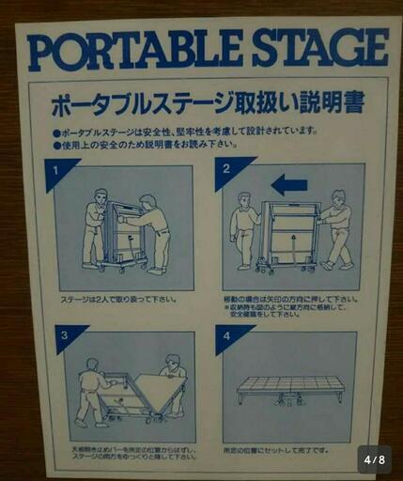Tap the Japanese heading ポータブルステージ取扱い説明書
point(208,100)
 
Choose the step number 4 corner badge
point(225,335)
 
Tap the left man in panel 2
point(244,229)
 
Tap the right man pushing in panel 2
point(335,229)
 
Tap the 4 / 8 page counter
point(375,459)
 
